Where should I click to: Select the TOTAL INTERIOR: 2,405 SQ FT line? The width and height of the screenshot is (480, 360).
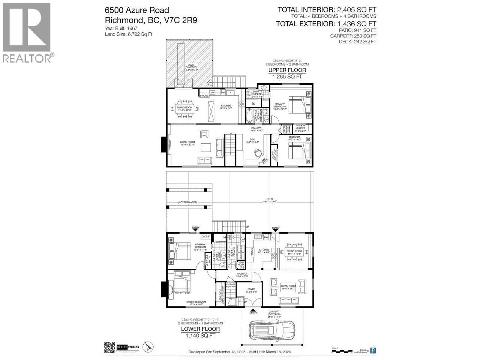(x=326, y=10)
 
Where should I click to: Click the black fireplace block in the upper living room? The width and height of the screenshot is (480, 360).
(x=163, y=143)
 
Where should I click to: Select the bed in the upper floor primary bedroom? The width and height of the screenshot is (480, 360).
(x=298, y=104)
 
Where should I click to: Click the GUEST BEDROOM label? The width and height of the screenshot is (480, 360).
(x=196, y=301)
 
